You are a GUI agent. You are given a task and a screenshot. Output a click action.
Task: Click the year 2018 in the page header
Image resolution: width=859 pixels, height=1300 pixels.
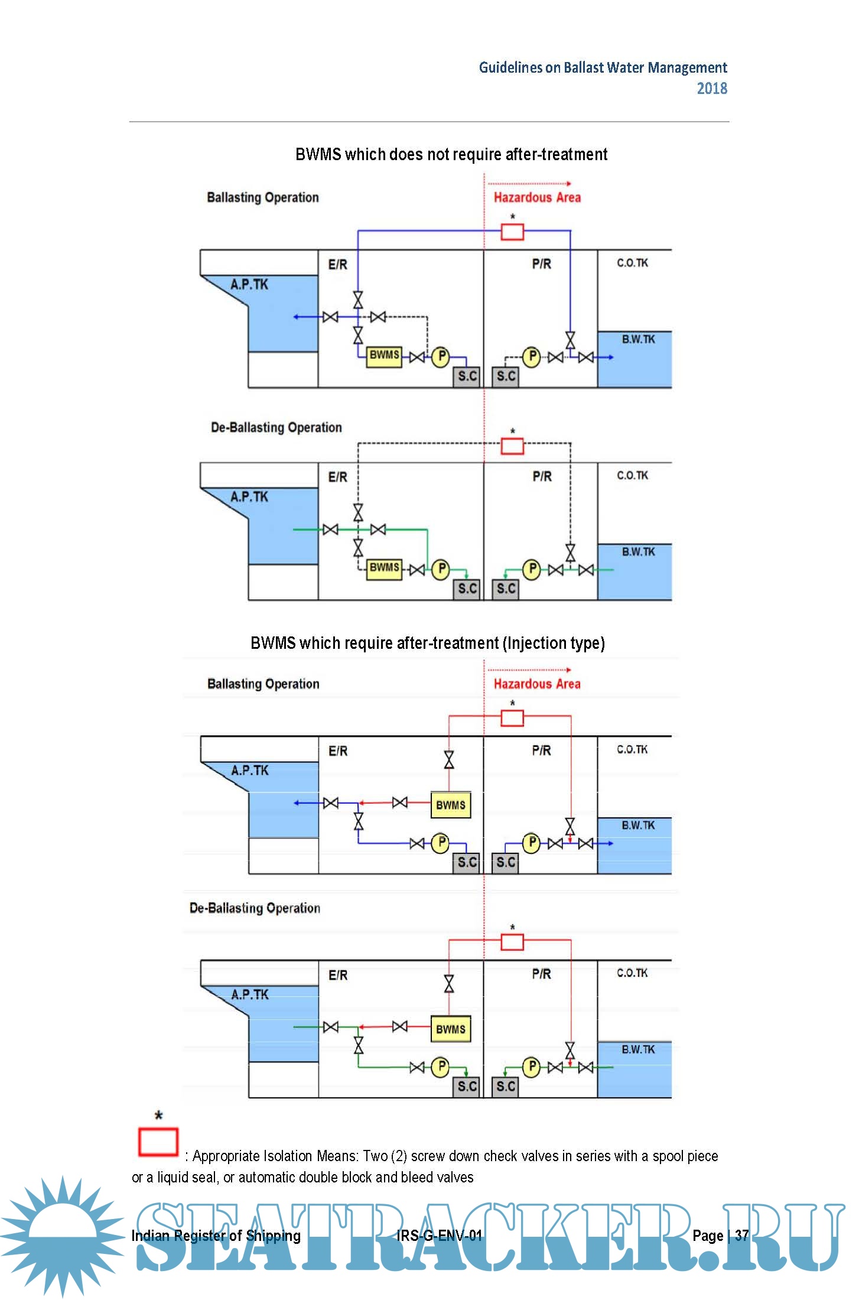[711, 89]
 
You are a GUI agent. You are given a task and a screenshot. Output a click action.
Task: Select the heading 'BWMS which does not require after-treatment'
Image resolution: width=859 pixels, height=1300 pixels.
[451, 155]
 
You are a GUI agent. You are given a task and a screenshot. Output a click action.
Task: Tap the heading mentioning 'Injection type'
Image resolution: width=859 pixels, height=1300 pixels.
[428, 643]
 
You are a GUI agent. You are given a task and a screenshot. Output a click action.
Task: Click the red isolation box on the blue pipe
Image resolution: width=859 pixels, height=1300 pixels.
[512, 232]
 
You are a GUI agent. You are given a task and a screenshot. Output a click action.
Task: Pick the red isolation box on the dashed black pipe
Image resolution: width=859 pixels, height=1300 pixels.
[512, 446]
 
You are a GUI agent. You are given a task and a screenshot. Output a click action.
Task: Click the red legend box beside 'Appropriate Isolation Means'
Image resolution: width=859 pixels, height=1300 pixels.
[158, 1142]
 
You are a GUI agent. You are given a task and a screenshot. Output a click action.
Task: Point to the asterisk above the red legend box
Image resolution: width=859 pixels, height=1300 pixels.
[158, 1116]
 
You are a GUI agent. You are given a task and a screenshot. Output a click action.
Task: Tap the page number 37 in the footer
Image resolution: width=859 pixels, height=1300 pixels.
[741, 1235]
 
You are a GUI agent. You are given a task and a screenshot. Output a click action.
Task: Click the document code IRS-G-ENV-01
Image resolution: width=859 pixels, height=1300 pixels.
[439, 1235]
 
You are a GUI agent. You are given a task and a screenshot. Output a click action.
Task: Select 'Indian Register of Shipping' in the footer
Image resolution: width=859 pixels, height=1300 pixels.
[216, 1235]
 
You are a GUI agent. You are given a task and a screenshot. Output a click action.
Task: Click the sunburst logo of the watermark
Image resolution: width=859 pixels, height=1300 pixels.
[62, 1235]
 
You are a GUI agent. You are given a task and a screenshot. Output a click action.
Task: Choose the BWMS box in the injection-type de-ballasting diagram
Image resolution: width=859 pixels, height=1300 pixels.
[451, 1029]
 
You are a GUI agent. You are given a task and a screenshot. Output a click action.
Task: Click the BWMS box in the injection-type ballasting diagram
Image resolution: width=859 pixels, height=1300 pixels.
[451, 805]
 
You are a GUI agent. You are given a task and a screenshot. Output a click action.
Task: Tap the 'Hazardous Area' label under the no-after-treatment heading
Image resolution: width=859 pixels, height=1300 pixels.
[537, 197]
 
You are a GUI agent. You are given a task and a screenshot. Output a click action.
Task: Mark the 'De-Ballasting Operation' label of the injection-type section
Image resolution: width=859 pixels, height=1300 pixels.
[255, 908]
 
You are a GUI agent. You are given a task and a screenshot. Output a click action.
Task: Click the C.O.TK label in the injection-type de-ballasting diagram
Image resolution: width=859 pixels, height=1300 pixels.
[632, 973]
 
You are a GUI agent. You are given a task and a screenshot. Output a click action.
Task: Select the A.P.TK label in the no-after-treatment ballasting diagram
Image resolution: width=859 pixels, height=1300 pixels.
[249, 285]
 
